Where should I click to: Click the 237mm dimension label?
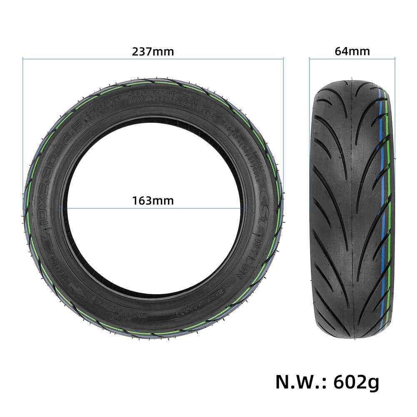(152, 52)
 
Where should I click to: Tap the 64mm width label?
(352, 51)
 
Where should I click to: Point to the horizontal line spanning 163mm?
(152, 207)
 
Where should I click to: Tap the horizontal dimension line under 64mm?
(352, 59)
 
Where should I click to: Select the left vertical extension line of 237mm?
(22, 125)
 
